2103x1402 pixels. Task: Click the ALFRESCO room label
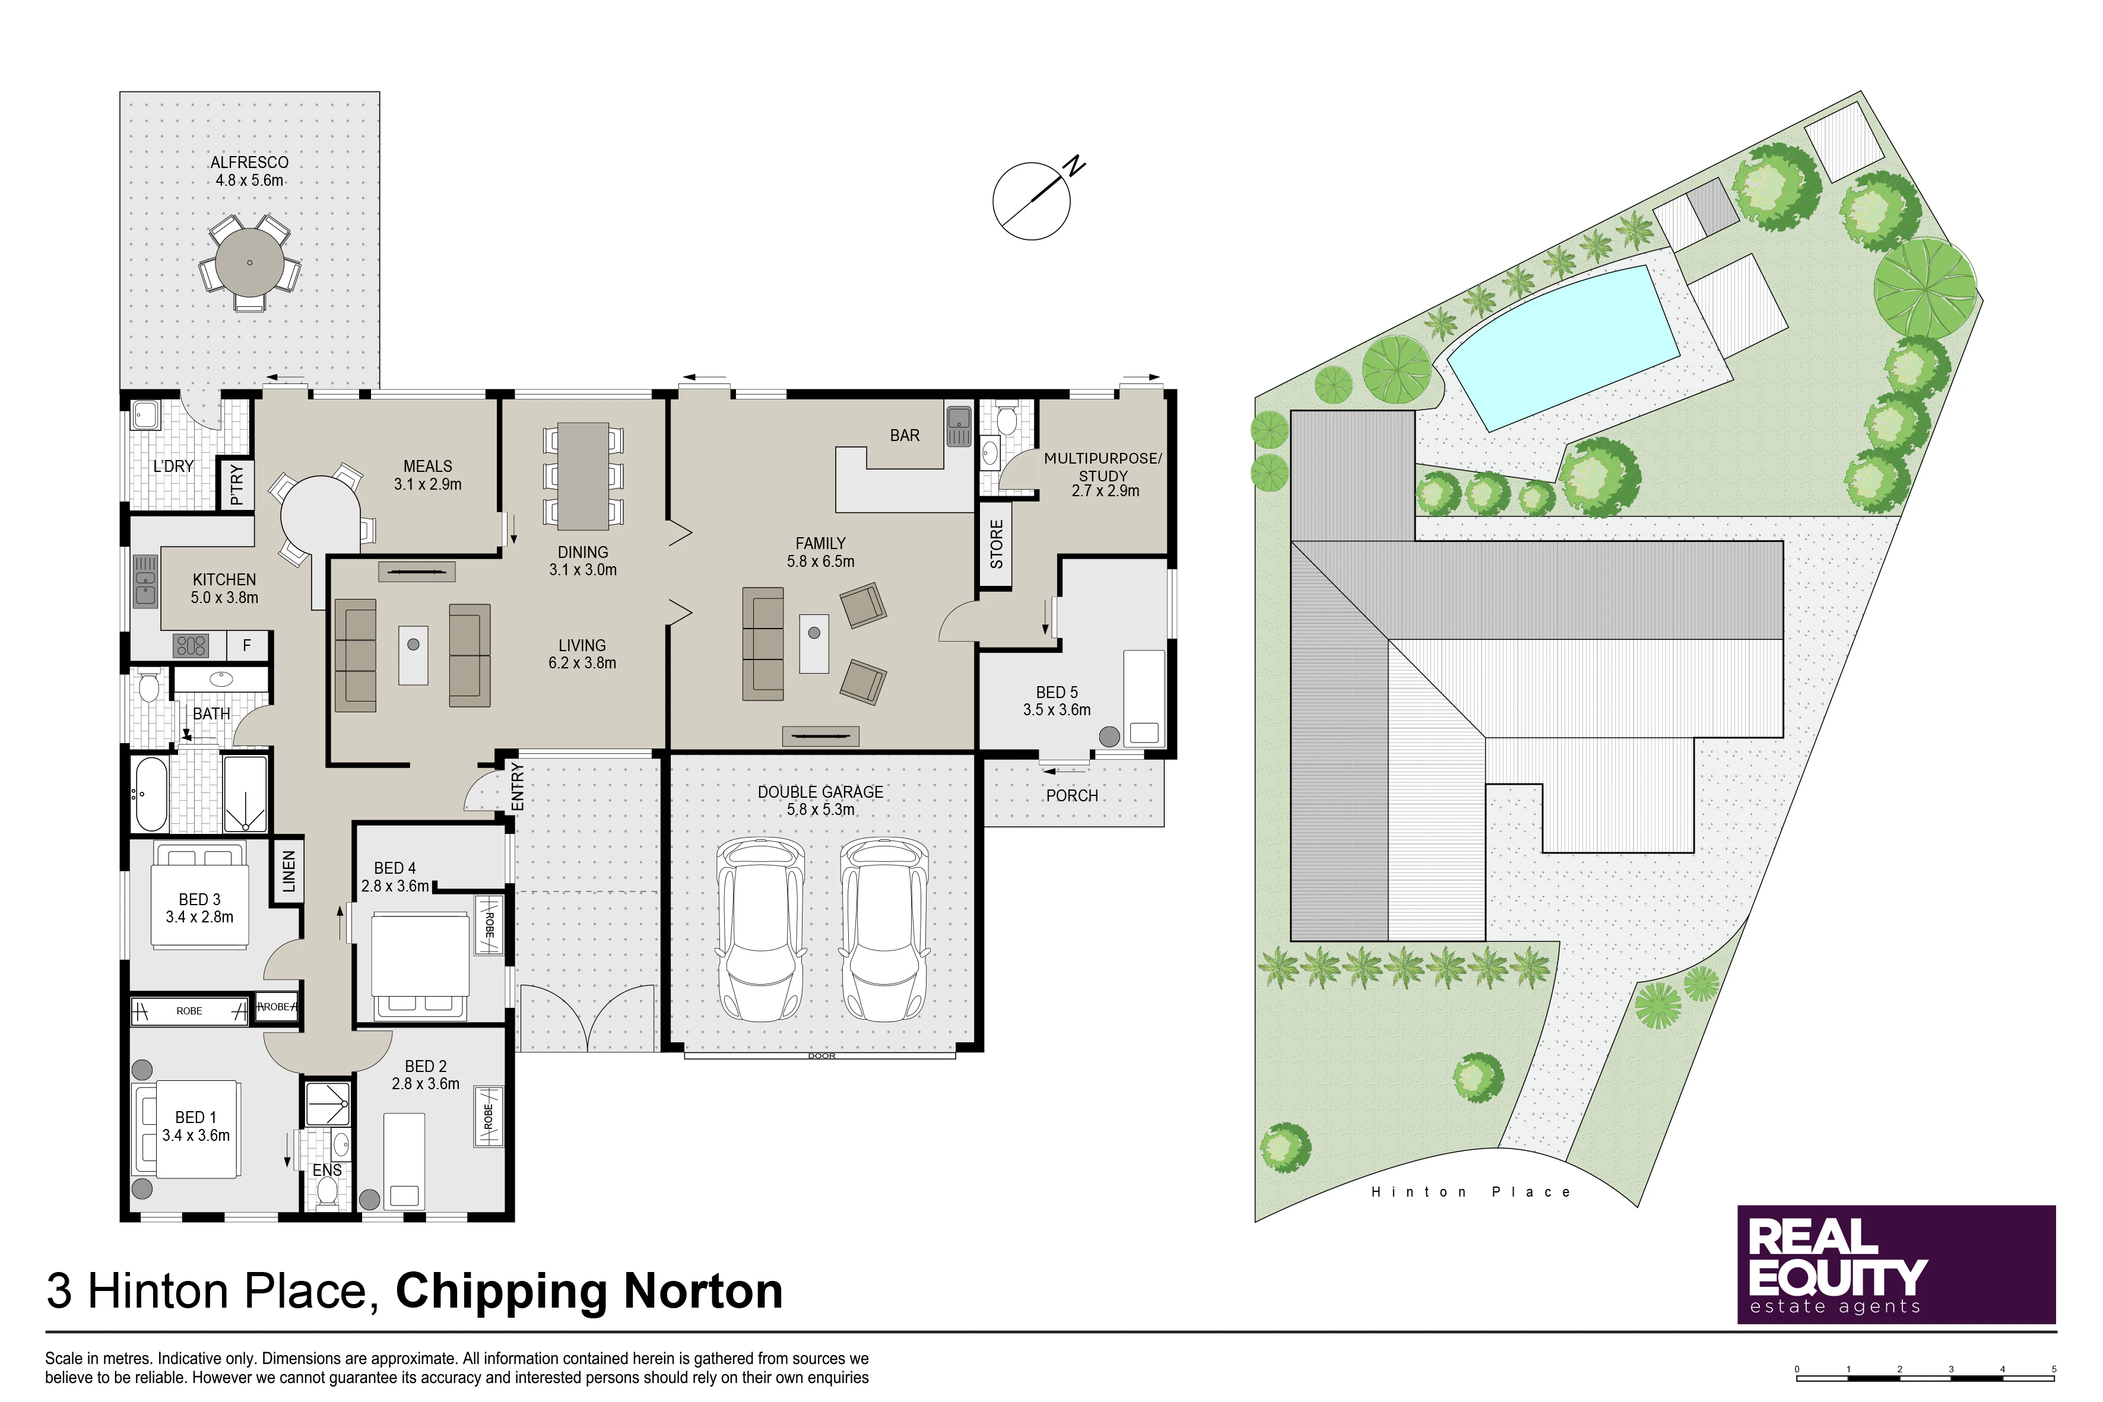pyautogui.click(x=249, y=163)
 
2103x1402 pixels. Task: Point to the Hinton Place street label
pyautogui.click(x=1471, y=1192)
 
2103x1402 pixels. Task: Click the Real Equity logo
pyautogui.click(x=1896, y=1264)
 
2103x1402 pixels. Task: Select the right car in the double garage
pyautogui.click(x=885, y=930)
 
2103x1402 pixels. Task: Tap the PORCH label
pyautogui.click(x=1071, y=796)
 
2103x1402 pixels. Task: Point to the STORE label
pyautogui.click(x=996, y=544)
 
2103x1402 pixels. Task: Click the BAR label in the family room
pyautogui.click(x=904, y=436)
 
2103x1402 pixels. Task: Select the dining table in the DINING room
pyautogui.click(x=583, y=475)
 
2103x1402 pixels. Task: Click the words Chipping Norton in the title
pyautogui.click(x=589, y=1291)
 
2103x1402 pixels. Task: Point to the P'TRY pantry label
pyautogui.click(x=237, y=484)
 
